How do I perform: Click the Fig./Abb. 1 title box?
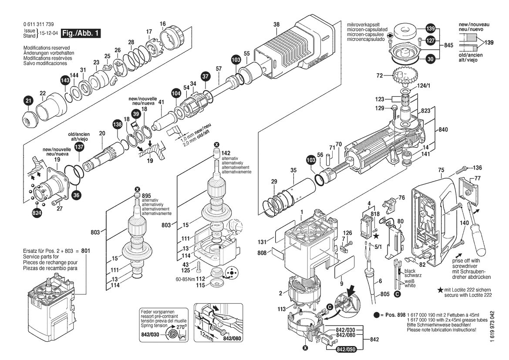coord(81,33)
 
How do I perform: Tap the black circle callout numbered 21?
coord(29,101)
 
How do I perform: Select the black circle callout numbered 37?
coord(205,77)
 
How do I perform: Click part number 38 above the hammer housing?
coord(276,24)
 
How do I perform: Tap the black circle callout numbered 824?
coord(37,213)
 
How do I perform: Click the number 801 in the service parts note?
coord(86,251)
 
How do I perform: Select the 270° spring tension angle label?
coord(181,327)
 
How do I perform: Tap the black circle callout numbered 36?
coord(77,195)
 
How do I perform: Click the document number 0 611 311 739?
coord(39,24)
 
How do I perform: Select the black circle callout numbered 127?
coord(431,41)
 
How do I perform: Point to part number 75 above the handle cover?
coord(441,170)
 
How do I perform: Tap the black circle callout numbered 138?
coord(117,124)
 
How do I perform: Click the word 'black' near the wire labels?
coord(410,271)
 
